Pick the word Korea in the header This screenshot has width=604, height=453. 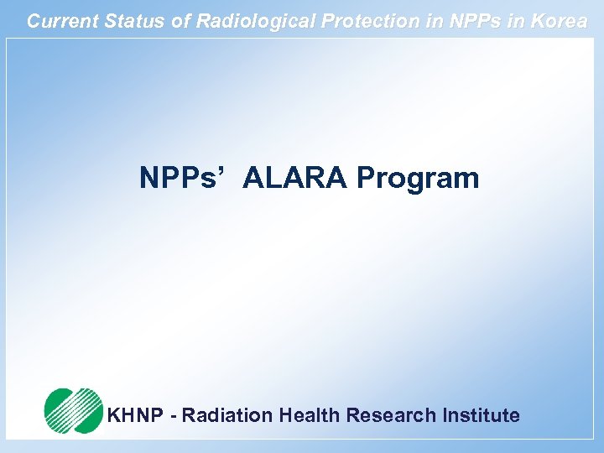click(558, 21)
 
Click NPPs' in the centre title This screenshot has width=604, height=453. click(181, 178)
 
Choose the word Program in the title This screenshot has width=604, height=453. click(417, 178)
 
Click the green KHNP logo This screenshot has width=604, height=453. click(73, 410)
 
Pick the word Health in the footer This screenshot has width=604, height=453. click(310, 415)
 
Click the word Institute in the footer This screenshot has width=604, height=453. click(481, 415)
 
